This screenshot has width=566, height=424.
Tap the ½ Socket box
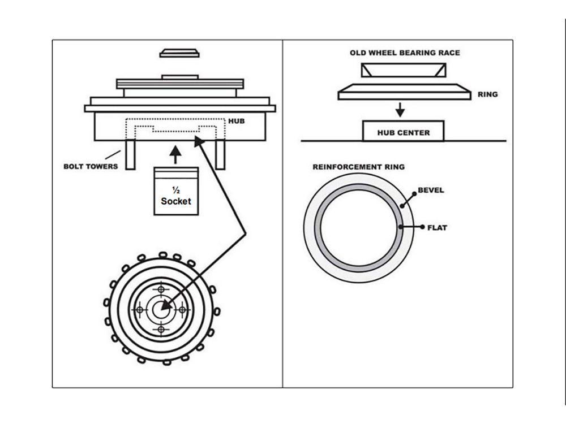175,192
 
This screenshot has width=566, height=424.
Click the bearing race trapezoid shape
404,70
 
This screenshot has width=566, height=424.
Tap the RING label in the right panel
488,94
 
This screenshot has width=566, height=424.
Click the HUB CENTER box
403,132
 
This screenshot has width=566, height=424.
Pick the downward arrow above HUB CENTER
400,110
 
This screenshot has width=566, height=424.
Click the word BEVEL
431,191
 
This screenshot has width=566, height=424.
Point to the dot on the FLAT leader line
401,227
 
